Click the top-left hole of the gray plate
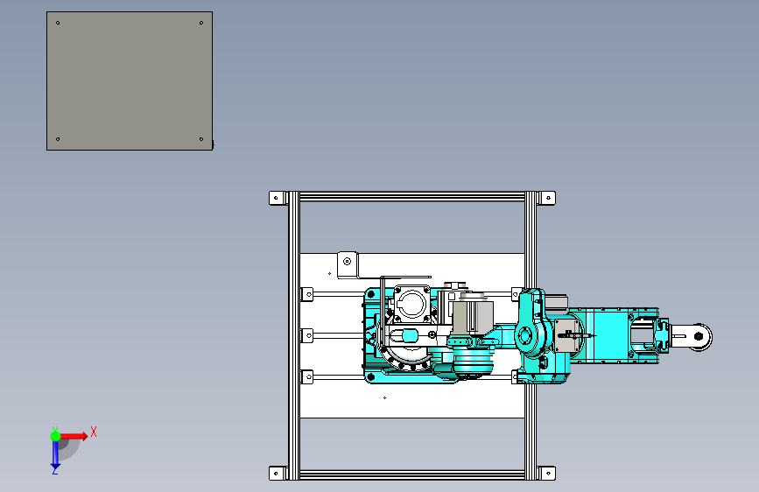tap(58, 23)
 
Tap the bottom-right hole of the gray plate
tap(201, 139)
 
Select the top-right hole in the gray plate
tap(201, 23)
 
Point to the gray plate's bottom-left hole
tap(58, 139)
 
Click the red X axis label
tap(94, 432)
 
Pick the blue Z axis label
tap(55, 470)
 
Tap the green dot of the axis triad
tap(56, 436)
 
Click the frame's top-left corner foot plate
tap(277, 198)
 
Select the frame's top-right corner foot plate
tap(547, 198)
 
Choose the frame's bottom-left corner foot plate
tap(277, 473)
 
